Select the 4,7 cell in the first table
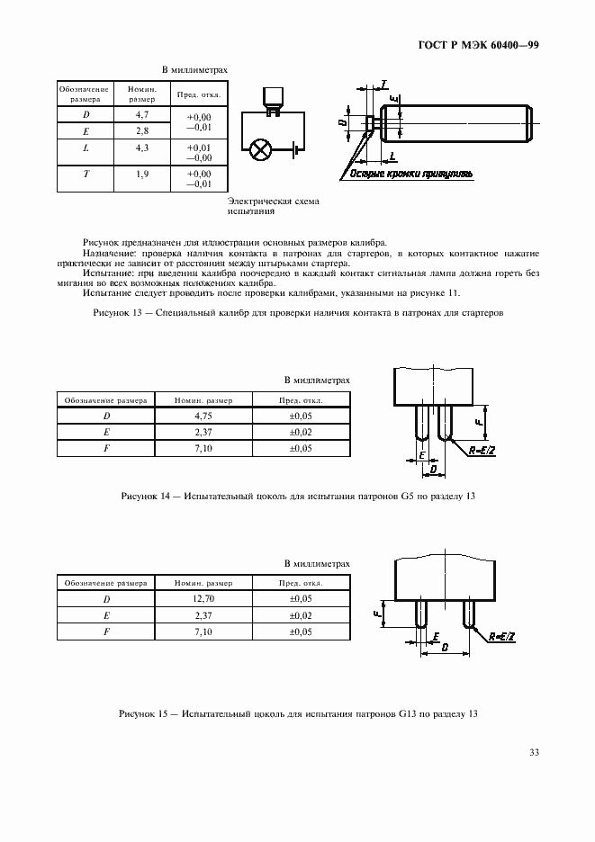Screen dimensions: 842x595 tap(142, 115)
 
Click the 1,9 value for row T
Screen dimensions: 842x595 tap(142, 173)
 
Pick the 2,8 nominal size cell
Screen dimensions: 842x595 tap(142, 131)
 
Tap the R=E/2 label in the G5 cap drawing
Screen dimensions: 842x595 tap(483, 451)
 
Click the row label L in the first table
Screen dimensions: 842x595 tap(86, 148)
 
